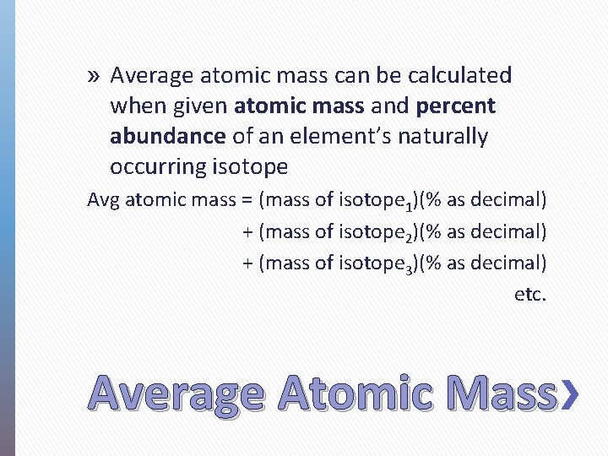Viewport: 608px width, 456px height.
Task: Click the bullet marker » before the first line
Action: [94, 76]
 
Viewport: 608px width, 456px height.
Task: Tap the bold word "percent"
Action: [456, 106]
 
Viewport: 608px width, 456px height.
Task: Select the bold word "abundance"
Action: [167, 137]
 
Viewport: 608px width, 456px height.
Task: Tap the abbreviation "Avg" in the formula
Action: [104, 201]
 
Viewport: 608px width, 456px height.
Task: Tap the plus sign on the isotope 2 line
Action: [247, 231]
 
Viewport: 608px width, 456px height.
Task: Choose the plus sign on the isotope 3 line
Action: [247, 263]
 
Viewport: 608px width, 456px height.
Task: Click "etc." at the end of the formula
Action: [530, 295]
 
